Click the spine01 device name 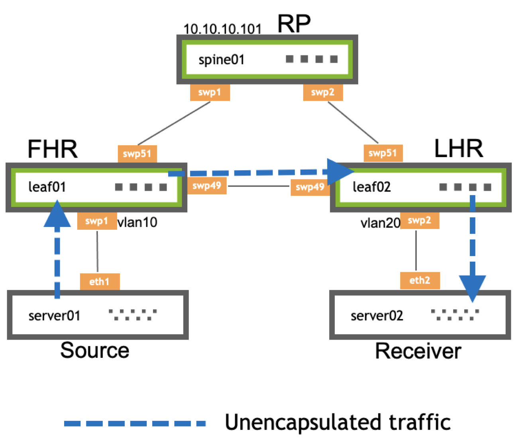point(221,60)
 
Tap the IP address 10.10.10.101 point(222,29)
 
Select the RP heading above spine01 point(294,24)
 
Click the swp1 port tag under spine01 point(210,93)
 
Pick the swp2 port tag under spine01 point(323,93)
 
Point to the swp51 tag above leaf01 point(137,154)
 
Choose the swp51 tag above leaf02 point(383,153)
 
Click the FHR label point(52,149)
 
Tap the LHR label point(458,148)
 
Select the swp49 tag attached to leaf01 point(206,186)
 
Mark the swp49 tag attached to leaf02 point(310,187)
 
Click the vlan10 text point(137,222)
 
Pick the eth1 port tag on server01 point(100,282)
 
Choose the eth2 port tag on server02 point(420,280)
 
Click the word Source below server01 point(95,351)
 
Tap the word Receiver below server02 point(418,351)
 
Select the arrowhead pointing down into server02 point(473,287)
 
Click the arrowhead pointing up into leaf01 point(57,215)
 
